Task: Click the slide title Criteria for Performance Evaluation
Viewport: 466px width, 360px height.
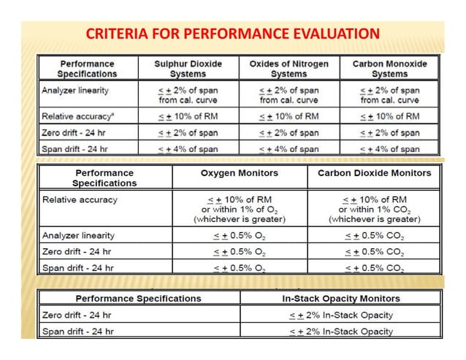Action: point(232,34)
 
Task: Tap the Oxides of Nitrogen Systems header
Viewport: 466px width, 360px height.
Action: point(289,69)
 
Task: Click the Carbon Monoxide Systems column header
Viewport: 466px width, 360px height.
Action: point(390,69)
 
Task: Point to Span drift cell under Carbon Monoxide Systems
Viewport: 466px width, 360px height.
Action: point(390,149)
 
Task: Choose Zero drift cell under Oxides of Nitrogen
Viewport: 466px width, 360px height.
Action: point(289,133)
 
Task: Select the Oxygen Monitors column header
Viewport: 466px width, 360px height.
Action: point(239,173)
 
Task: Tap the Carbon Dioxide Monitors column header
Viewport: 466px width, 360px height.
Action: point(374,173)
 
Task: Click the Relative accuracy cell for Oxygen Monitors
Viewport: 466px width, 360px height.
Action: point(239,209)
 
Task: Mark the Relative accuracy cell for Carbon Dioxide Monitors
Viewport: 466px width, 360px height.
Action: point(374,209)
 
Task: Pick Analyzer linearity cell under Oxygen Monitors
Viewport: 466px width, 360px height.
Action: point(239,235)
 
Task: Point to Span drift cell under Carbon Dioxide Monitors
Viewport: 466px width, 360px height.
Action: point(374,267)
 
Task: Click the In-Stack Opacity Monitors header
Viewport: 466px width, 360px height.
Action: point(340,298)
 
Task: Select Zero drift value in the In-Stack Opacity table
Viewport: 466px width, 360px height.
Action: point(340,315)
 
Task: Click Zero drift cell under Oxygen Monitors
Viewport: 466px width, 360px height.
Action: point(239,251)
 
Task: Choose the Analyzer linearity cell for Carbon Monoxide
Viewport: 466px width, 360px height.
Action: point(390,94)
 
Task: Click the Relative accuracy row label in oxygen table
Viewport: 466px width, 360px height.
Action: point(80,199)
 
